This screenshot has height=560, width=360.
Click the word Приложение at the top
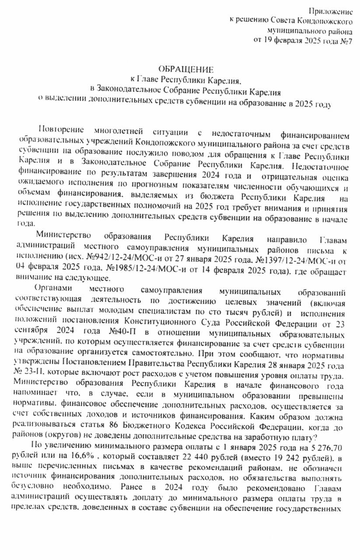coord(331,10)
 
